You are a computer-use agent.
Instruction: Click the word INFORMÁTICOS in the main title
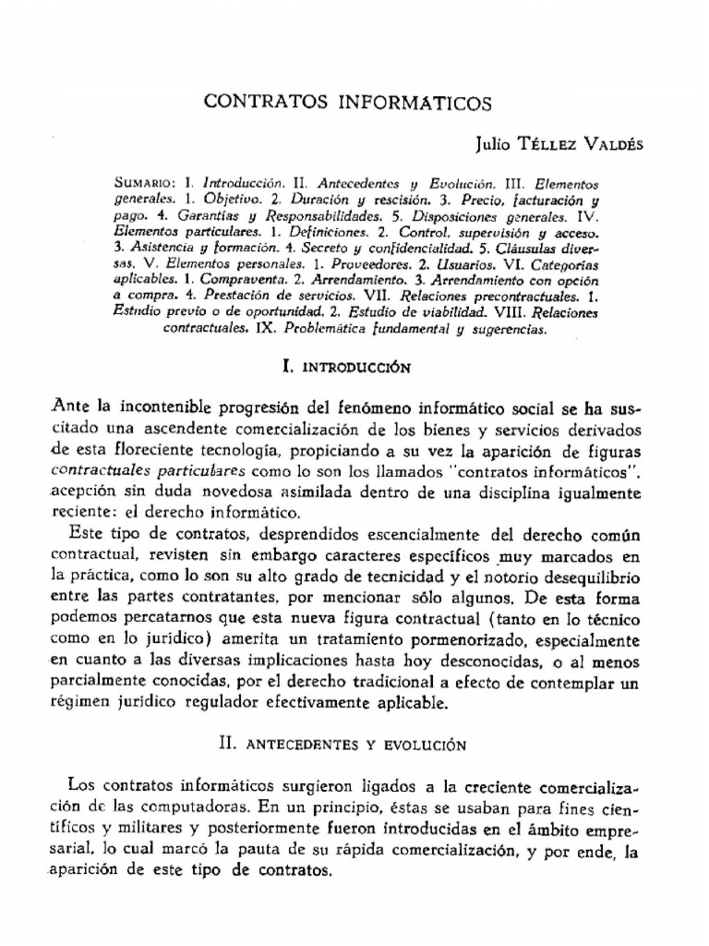pyautogui.click(x=415, y=103)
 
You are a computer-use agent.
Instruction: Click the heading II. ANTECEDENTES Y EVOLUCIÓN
pyautogui.click(x=341, y=744)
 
